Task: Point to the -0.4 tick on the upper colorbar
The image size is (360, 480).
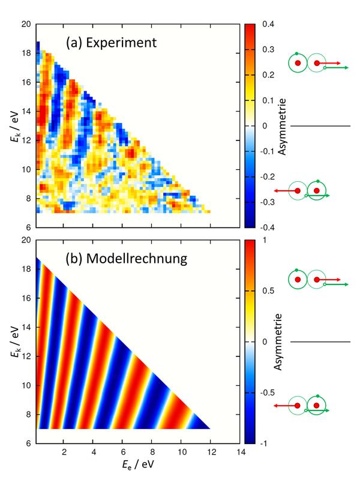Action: click(x=268, y=228)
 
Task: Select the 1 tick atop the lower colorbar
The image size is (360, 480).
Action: click(x=265, y=240)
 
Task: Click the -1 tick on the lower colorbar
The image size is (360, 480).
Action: click(x=267, y=443)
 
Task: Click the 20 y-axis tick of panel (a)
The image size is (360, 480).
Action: click(x=26, y=25)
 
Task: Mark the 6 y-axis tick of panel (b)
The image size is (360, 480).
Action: click(x=28, y=443)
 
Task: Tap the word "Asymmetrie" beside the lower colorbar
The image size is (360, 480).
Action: click(x=279, y=342)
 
